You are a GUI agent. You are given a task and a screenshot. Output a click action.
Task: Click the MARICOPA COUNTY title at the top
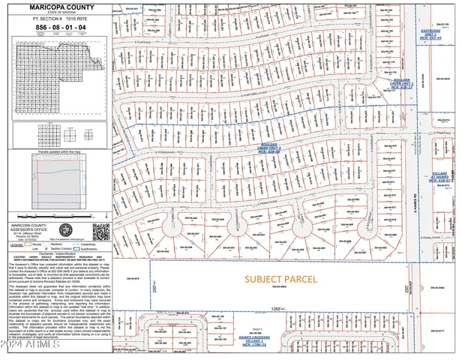coord(58,7)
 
